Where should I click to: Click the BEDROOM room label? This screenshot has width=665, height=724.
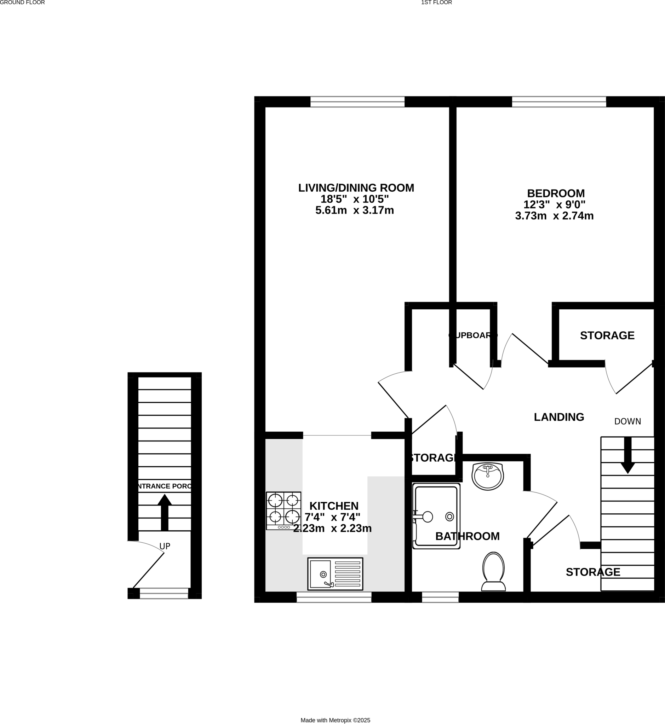coord(556,193)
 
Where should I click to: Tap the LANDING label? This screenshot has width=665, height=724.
coord(559,417)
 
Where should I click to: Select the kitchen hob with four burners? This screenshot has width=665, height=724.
coord(283,510)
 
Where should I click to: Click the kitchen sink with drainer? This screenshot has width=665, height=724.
coord(335,574)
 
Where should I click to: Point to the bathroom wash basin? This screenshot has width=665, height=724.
coord(488,477)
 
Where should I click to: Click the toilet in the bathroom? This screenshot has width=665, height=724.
coord(493,572)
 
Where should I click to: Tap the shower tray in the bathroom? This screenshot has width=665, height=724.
coord(436,516)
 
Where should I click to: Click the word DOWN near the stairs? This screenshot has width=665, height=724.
coord(627,421)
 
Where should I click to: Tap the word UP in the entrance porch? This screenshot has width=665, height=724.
coord(165,546)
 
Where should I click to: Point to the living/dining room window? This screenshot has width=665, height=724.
coord(357,102)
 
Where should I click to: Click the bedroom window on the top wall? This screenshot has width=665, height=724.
coord(559,102)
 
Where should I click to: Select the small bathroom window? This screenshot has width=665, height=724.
coord(440,597)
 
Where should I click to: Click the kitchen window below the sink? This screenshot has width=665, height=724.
coord(334,597)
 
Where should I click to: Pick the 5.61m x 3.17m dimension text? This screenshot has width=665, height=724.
coord(355,210)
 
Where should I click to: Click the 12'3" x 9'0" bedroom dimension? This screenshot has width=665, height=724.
coord(554,205)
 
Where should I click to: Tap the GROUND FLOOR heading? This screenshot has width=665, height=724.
coord(22,2)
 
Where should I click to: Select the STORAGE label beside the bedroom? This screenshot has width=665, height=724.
coord(607,335)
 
